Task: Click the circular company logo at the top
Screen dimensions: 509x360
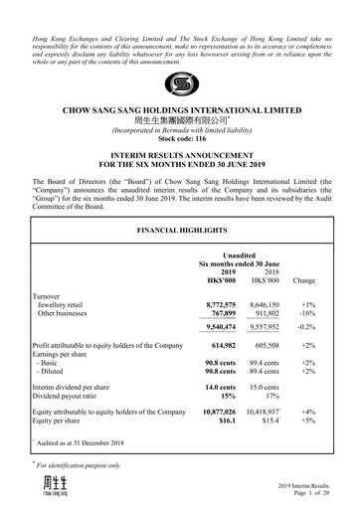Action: click(180, 85)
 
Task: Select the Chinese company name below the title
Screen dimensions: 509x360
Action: click(180, 121)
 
